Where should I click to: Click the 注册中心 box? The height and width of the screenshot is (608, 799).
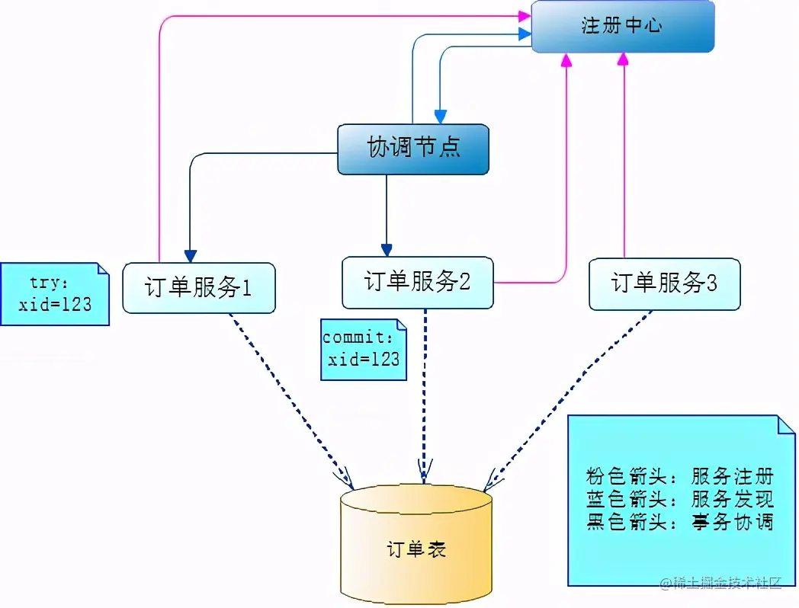622,27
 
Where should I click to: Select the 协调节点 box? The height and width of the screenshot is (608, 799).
412,149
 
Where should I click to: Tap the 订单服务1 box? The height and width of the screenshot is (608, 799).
198,287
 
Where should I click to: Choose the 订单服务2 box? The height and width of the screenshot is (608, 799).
417,282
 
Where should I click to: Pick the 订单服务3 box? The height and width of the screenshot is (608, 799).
664,283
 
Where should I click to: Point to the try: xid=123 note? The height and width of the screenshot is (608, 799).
54,294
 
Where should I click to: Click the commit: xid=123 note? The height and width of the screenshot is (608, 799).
363,349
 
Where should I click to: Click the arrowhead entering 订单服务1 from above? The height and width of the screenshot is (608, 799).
190,255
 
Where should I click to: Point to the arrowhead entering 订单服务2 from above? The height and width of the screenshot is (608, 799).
387,250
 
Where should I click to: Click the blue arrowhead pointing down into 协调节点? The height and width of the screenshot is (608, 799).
440,117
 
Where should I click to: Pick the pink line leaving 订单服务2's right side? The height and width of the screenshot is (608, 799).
534,283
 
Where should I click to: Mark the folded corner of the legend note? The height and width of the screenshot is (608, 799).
785,424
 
